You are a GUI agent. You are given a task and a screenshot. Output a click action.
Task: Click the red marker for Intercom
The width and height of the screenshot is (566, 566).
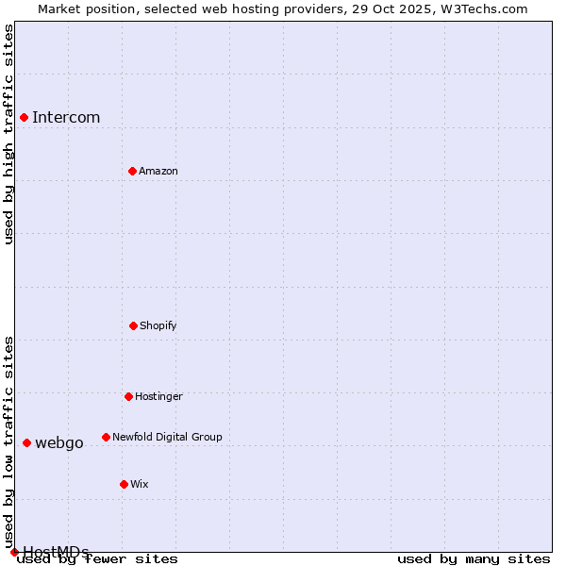click(24, 117)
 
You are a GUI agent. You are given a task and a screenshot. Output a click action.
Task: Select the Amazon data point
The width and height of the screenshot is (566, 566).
click(132, 171)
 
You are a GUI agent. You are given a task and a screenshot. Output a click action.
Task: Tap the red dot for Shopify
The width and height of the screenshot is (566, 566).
click(133, 325)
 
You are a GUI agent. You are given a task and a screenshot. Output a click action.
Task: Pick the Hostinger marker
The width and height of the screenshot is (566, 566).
click(128, 396)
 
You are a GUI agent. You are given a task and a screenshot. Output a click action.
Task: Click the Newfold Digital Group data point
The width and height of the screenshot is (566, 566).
click(106, 437)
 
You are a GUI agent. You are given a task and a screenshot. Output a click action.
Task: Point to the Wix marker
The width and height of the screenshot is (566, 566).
click(124, 484)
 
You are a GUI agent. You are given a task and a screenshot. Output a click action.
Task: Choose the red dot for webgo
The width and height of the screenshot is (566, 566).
click(26, 442)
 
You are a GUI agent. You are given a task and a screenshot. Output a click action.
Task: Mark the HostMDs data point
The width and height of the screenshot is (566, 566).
click(14, 552)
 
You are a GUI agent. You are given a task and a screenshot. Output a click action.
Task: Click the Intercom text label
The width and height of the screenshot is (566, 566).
click(66, 117)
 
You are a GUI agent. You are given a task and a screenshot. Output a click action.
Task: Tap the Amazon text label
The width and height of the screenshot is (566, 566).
click(158, 171)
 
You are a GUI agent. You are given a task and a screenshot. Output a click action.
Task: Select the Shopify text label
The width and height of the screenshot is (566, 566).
click(158, 325)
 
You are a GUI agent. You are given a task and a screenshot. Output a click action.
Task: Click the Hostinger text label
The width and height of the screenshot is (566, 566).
click(158, 396)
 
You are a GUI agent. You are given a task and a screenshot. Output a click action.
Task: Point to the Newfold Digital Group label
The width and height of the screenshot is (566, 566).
click(167, 437)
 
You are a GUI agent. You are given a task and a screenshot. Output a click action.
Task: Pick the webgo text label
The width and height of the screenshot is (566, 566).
click(59, 442)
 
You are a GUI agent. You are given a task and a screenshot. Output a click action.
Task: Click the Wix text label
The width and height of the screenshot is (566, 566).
click(140, 484)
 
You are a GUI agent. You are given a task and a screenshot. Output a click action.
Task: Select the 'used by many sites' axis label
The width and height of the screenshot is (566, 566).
click(474, 558)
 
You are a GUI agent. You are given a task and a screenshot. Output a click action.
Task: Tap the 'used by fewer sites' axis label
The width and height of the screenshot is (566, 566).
click(98, 558)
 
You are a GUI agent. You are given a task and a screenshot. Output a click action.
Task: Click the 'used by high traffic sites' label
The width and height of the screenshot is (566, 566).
click(8, 134)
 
